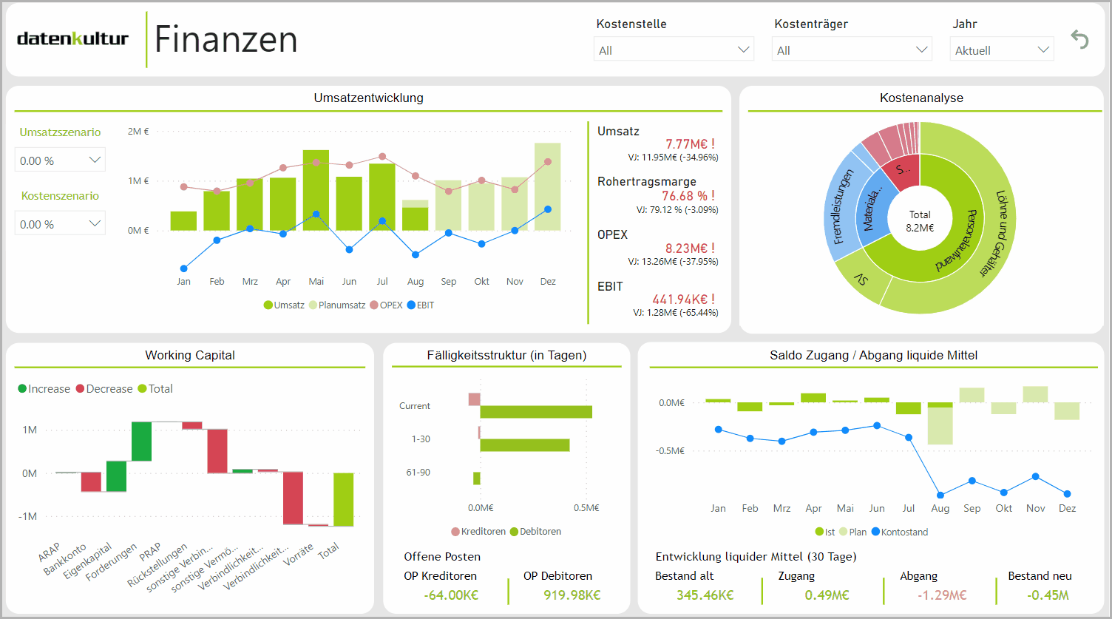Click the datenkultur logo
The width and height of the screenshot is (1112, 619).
pyautogui.click(x=72, y=39)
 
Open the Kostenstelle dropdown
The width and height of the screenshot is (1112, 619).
pyautogui.click(x=674, y=50)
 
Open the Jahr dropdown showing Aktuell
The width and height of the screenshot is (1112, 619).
pyautogui.click(x=1001, y=50)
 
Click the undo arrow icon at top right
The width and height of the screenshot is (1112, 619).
pyautogui.click(x=1080, y=39)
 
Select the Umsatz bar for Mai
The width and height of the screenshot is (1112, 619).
pyautogui.click(x=316, y=190)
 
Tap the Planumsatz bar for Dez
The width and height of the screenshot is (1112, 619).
pyautogui.click(x=547, y=186)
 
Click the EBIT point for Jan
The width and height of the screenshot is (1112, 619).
pyautogui.click(x=184, y=268)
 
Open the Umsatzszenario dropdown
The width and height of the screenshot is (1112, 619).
pyautogui.click(x=61, y=160)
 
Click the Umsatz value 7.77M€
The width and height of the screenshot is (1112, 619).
pyautogui.click(x=689, y=144)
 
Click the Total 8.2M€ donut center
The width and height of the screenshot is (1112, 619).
pyautogui.click(x=920, y=221)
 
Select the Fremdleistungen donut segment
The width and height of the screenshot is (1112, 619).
pyautogui.click(x=838, y=207)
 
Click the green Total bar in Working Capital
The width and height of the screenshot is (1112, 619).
pyautogui.click(x=343, y=499)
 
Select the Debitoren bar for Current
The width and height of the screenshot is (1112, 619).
pyautogui.click(x=536, y=412)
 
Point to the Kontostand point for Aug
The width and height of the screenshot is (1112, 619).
pyautogui.click(x=940, y=495)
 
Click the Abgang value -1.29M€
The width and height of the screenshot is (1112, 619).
pyautogui.click(x=941, y=595)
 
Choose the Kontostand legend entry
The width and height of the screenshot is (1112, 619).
pyautogui.click(x=900, y=532)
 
